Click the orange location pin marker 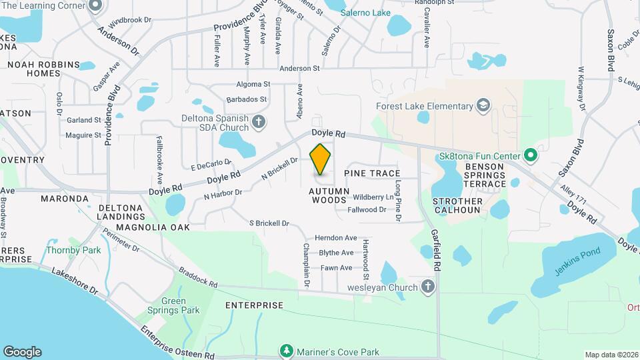coord(321,159)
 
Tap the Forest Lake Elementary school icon coord(482,105)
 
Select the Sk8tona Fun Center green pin coord(531,156)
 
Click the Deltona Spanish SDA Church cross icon coord(259,121)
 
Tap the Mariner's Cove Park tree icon coord(286,351)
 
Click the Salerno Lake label coord(365,13)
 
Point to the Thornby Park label coord(64,251)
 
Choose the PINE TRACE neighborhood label coord(372,173)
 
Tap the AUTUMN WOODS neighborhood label coord(329,195)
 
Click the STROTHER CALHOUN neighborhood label coord(457,205)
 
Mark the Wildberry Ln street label coord(373,197)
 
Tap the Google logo coord(22,352)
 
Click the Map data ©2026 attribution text coord(610,355)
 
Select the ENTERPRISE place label coord(254,305)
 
